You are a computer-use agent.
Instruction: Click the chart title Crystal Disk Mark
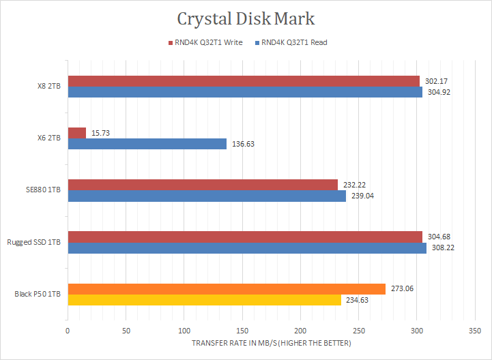(246, 18)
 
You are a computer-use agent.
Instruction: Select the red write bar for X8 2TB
(244, 82)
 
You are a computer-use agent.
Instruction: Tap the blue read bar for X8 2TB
(245, 92)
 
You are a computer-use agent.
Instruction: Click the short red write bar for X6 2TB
(77, 133)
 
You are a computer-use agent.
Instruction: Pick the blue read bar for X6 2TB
(147, 144)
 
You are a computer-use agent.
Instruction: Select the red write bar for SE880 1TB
(203, 185)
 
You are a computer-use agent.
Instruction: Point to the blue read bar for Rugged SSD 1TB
(247, 247)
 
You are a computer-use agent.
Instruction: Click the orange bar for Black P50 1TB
(227, 288)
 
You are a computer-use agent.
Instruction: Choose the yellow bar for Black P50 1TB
(204, 299)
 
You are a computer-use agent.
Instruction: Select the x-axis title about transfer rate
(272, 343)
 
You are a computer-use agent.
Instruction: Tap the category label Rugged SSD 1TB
(34, 242)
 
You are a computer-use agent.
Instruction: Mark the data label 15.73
(100, 133)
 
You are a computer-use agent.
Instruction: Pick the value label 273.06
(400, 288)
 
